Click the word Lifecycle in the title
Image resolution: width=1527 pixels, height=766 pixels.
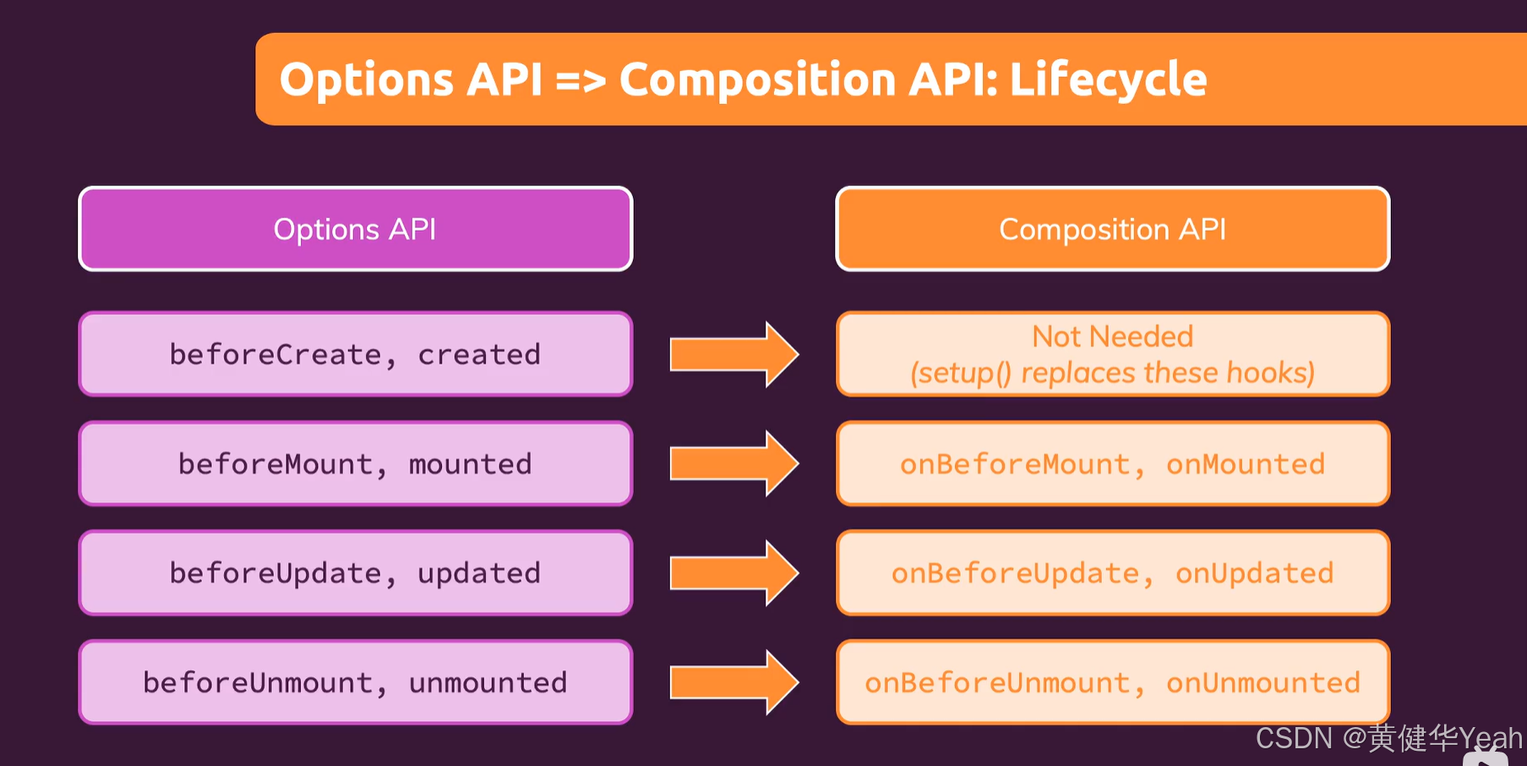pyautogui.click(x=1107, y=80)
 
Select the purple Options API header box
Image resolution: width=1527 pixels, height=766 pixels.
pyautogui.click(x=355, y=229)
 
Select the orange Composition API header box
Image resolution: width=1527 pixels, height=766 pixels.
pyautogui.click(x=1112, y=229)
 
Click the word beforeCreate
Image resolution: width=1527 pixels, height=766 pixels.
pyautogui.click(x=275, y=354)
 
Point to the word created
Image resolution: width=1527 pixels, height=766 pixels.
pyautogui.click(x=478, y=354)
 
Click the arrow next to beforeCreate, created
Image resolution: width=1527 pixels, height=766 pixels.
pyautogui.click(x=733, y=354)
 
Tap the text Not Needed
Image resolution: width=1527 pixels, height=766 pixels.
pyautogui.click(x=1112, y=336)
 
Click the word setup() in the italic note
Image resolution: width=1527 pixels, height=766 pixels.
pyautogui.click(x=961, y=373)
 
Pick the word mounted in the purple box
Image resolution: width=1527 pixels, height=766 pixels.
pyautogui.click(x=470, y=464)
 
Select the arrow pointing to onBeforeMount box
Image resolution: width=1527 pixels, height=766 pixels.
pyautogui.click(x=733, y=463)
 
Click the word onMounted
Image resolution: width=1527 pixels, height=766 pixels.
pyautogui.click(x=1245, y=464)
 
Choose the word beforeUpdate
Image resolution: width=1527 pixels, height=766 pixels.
pyautogui.click(x=275, y=573)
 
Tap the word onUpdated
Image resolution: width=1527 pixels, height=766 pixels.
pyautogui.click(x=1254, y=573)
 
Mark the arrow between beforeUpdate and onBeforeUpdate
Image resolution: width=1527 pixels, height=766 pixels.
pyautogui.click(x=733, y=573)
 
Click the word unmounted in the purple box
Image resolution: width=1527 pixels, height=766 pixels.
pyautogui.click(x=488, y=682)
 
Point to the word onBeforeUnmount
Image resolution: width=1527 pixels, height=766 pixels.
pyautogui.click(x=997, y=682)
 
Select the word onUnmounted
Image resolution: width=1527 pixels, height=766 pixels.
pyautogui.click(x=1263, y=682)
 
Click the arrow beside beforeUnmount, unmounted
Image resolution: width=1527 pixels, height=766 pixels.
pyautogui.click(x=733, y=682)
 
